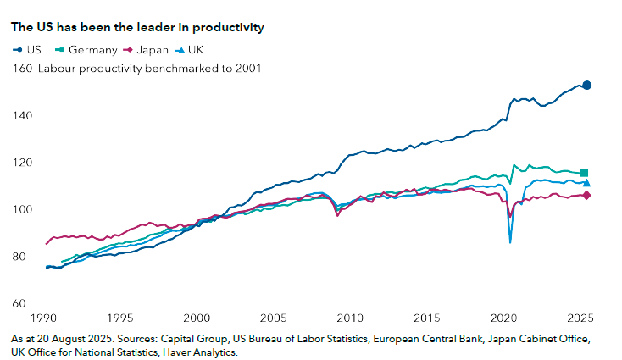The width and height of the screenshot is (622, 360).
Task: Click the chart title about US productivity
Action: [136, 27]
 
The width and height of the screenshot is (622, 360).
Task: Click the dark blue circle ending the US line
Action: [586, 86]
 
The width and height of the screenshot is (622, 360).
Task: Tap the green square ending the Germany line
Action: [585, 173]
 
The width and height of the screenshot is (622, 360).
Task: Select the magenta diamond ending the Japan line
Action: [586, 196]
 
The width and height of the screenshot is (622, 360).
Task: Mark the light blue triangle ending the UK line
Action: [586, 183]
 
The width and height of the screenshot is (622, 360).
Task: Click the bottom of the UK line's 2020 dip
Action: [510, 242]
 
